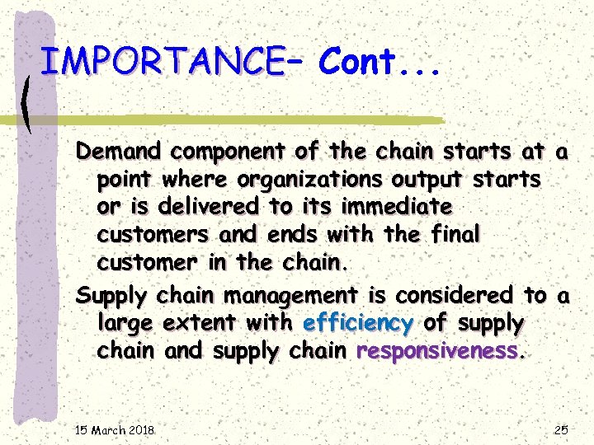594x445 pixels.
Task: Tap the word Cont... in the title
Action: (379, 61)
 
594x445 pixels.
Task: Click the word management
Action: (290, 295)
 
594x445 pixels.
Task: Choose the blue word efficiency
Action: (358, 323)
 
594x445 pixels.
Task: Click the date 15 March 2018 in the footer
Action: (115, 430)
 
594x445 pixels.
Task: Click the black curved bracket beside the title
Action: (31, 99)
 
